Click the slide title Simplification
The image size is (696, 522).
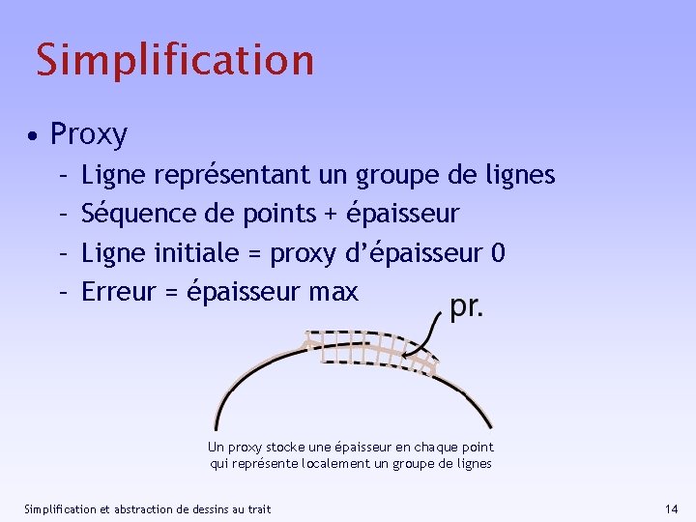(175, 59)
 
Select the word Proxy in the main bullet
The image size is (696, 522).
(88, 134)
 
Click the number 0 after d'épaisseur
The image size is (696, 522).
(498, 252)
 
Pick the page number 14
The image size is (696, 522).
(672, 508)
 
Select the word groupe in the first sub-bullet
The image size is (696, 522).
(394, 175)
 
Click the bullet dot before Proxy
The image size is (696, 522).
(34, 136)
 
